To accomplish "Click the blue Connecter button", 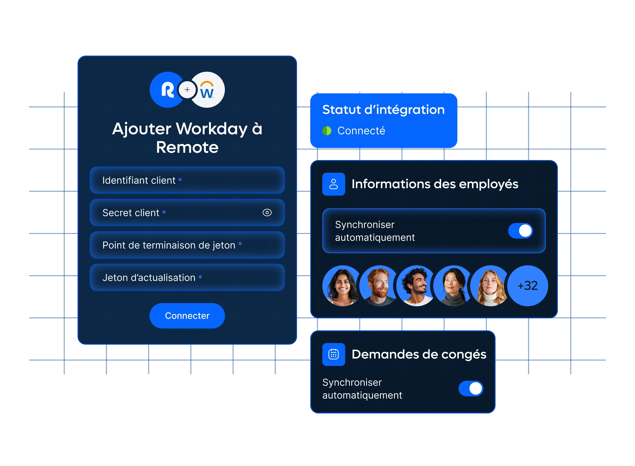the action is coord(187,316).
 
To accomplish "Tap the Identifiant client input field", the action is coord(187,180).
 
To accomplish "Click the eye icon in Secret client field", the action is coord(267,212).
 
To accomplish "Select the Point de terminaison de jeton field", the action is coord(187,245).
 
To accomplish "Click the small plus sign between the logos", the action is coord(187,90).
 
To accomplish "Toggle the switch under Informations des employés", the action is coord(520,231).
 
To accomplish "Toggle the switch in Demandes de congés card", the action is coord(471,388).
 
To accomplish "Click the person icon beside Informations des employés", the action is coord(334,184).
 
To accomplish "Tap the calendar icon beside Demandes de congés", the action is coord(334,354).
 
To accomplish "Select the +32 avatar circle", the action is coord(527,286).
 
